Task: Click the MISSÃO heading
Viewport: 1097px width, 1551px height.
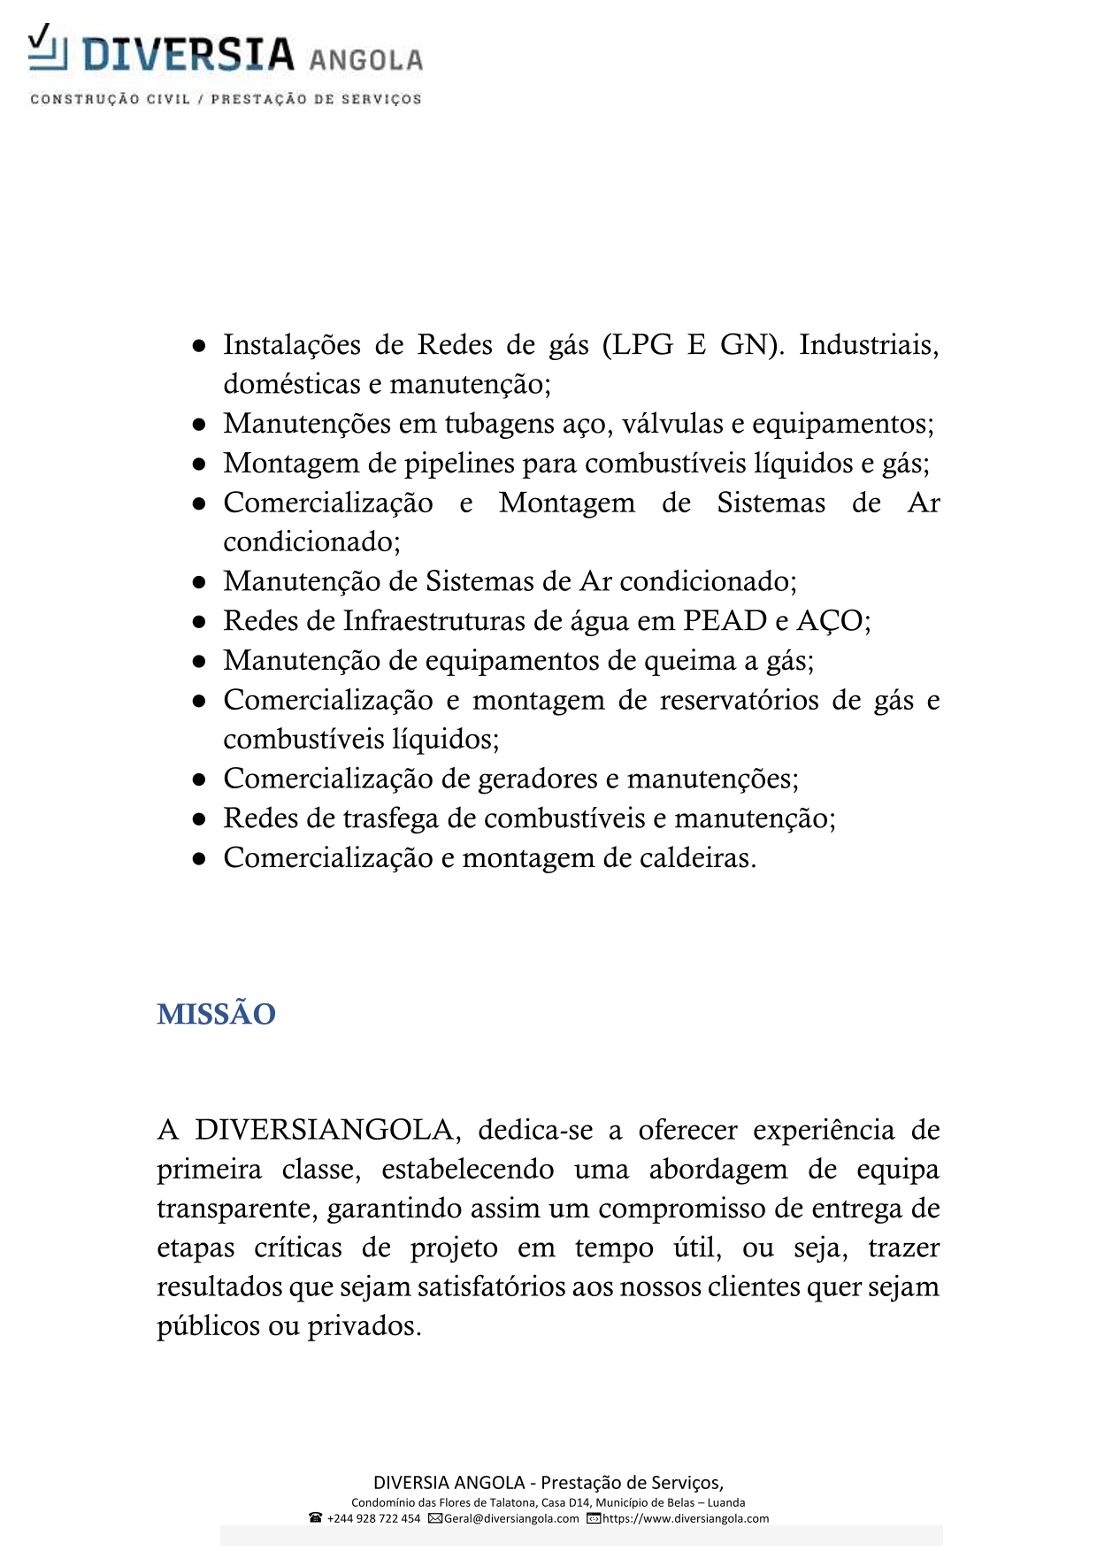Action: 216,1014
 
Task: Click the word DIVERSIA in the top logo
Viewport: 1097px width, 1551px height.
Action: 188,55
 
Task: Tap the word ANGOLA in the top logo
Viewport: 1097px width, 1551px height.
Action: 365,60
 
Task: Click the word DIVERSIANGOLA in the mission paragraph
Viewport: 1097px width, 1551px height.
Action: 326,1131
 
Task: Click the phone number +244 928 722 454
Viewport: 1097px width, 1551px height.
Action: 373,1518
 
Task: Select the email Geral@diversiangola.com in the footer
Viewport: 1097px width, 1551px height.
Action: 511,1518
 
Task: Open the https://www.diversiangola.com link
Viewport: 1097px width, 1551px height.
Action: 686,1518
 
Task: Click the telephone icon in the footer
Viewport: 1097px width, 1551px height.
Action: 316,1518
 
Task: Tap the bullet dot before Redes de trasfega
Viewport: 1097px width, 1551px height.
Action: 200,819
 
